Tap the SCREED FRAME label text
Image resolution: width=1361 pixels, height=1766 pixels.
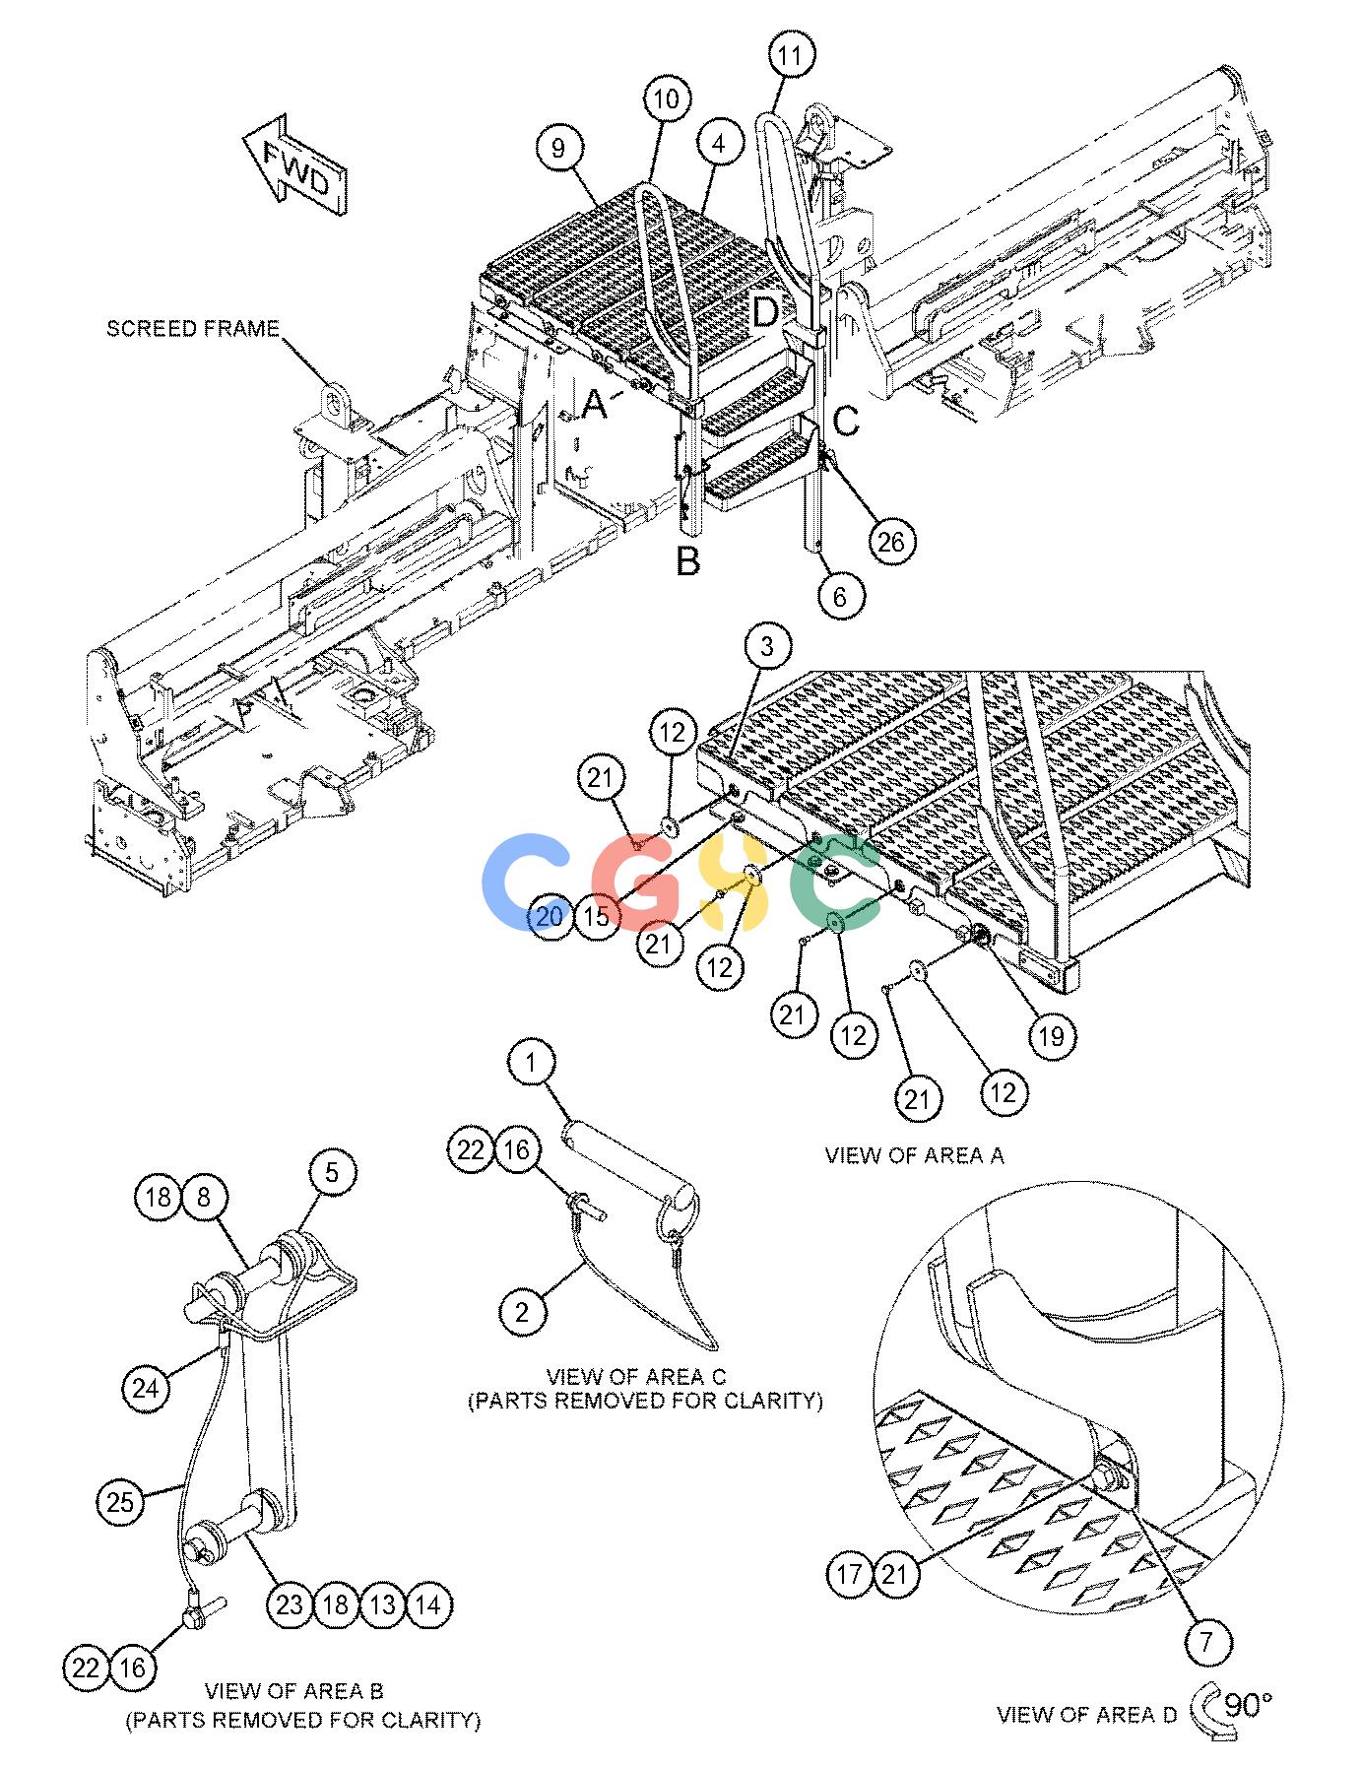pos(193,329)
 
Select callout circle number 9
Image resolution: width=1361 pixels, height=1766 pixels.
pos(559,150)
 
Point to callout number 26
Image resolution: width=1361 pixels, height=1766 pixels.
pos(891,541)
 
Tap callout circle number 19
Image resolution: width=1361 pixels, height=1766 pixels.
pos(1052,1036)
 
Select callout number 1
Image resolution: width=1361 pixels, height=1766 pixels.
pos(533,1063)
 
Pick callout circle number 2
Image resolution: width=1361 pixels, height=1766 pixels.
pos(523,1312)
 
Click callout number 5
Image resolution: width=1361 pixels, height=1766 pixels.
pos(332,1172)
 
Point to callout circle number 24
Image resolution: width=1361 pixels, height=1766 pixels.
pos(146,1389)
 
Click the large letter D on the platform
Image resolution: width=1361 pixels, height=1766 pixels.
pos(765,313)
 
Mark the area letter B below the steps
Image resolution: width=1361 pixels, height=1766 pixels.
pos(688,561)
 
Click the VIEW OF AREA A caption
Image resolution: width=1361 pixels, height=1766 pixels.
pos(915,1155)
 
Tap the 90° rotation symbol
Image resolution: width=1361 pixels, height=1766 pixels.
pos(1231,1712)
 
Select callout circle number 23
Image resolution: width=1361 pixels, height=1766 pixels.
pos(290,1605)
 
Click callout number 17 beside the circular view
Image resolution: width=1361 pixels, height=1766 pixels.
pos(849,1574)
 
